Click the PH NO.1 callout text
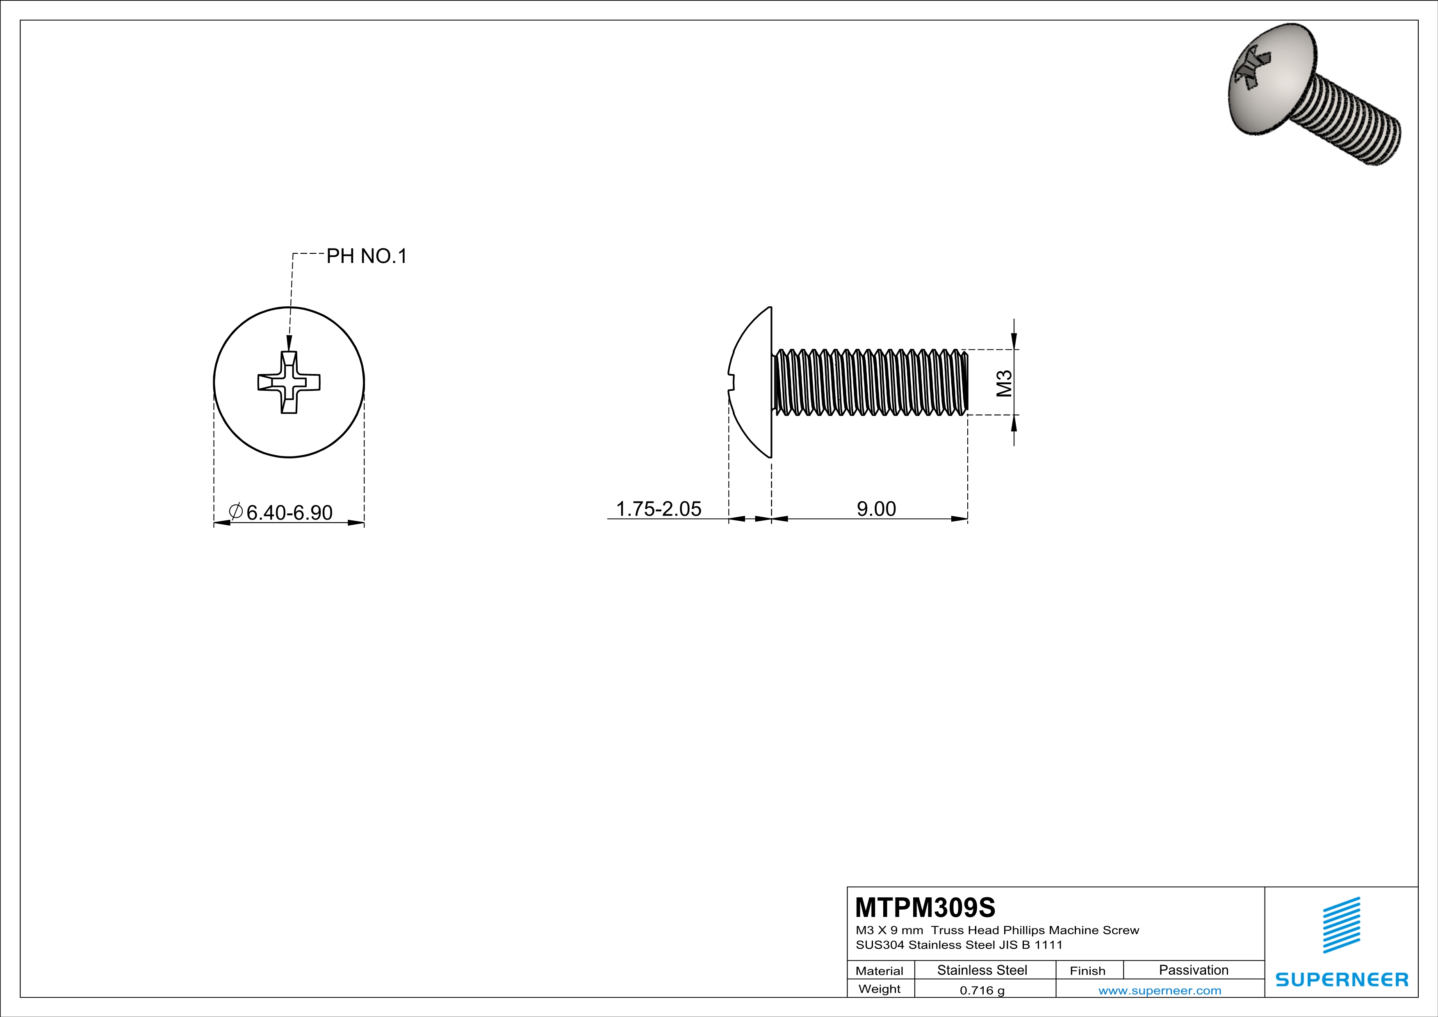(367, 256)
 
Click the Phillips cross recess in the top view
(289, 382)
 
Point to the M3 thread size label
(1003, 383)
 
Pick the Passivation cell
(1193, 970)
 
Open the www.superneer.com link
(1159, 990)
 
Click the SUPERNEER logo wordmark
(1342, 979)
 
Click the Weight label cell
(880, 989)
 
